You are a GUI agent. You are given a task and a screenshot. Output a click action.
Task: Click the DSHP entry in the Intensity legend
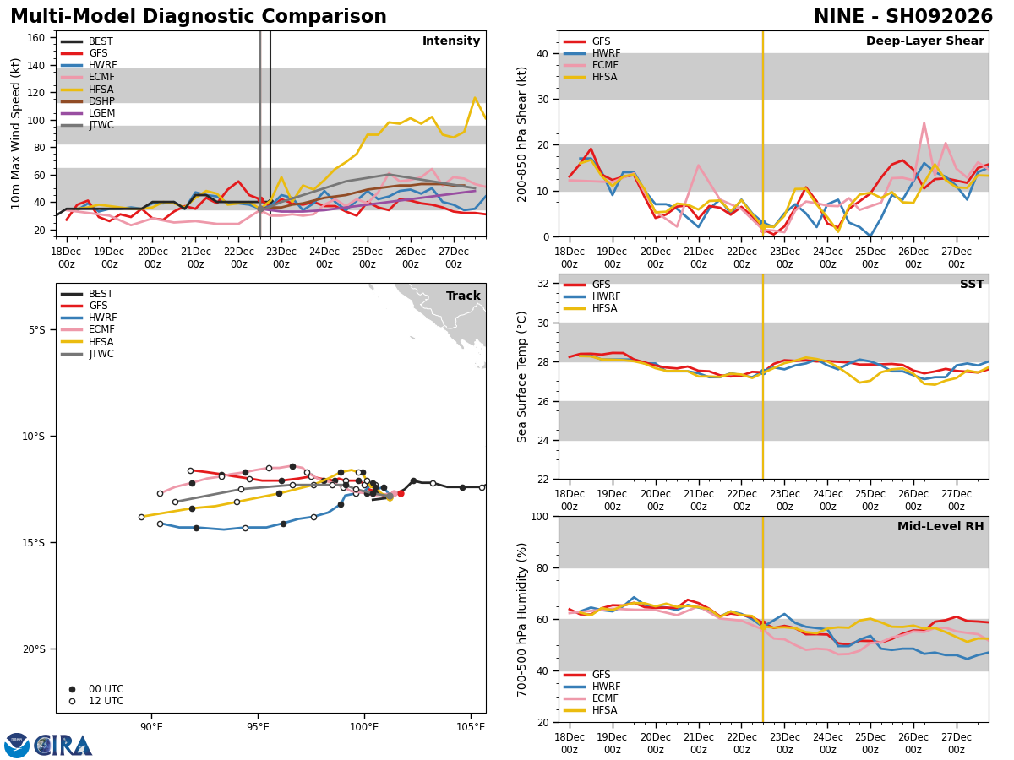pyautogui.click(x=88, y=101)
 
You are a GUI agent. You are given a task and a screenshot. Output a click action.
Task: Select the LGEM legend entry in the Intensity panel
pyautogui.click(x=88, y=113)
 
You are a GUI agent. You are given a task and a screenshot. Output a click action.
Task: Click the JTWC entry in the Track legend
pyautogui.click(x=87, y=354)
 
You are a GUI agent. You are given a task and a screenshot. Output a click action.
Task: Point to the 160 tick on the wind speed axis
pyautogui.click(x=35, y=38)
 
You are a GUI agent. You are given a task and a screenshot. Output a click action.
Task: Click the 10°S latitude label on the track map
pyautogui.click(x=33, y=437)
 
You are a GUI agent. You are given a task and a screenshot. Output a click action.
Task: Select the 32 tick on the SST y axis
pyautogui.click(x=542, y=284)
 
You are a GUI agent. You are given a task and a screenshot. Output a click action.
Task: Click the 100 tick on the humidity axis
pyautogui.click(x=540, y=517)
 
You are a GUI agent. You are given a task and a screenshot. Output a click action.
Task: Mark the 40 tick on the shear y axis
pyautogui.click(x=542, y=54)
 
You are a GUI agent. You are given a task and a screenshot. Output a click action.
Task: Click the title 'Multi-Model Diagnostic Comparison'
pyautogui.click(x=199, y=17)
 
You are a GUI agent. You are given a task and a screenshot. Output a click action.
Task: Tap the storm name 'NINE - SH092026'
pyautogui.click(x=903, y=17)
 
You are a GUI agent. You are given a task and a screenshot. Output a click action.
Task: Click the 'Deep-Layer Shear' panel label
pyautogui.click(x=924, y=41)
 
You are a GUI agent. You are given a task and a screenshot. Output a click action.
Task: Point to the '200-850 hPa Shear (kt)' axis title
pyautogui.click(x=522, y=135)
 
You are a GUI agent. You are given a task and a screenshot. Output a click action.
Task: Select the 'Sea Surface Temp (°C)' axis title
pyautogui.click(x=522, y=377)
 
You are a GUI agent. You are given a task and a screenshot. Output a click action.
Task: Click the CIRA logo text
pyautogui.click(x=63, y=746)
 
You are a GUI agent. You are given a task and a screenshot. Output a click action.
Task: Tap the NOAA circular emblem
pyautogui.click(x=17, y=746)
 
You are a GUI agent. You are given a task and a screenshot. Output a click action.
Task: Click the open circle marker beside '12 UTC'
pyautogui.click(x=72, y=702)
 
